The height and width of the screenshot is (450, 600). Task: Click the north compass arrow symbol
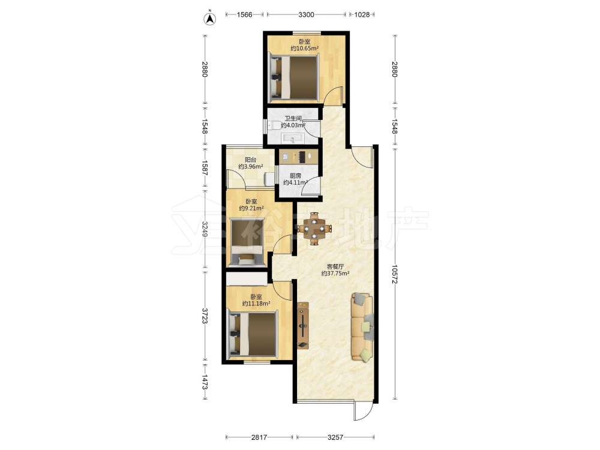[209, 18]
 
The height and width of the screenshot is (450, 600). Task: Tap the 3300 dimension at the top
[306, 14]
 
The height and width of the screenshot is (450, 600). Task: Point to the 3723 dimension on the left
[205, 316]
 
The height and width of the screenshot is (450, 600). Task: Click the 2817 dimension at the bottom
[259, 437]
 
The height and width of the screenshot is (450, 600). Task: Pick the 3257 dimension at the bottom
[335, 437]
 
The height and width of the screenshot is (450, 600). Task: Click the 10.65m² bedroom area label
[305, 49]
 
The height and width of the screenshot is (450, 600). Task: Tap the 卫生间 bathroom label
[293, 119]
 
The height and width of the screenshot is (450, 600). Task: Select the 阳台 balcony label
[251, 160]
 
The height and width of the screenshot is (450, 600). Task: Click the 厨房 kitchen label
[295, 176]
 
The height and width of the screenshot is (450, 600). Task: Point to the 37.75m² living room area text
[335, 274]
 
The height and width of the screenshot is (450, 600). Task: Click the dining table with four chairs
[314, 229]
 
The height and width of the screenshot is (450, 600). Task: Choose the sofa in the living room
[362, 327]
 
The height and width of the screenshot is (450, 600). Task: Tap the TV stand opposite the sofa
[303, 325]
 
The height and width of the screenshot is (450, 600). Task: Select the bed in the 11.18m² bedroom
[253, 334]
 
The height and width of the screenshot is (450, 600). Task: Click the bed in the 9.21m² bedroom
[247, 242]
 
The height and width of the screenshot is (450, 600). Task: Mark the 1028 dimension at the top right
[362, 14]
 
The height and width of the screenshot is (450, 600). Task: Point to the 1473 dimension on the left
[205, 382]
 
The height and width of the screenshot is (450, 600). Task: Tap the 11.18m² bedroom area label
[256, 304]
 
